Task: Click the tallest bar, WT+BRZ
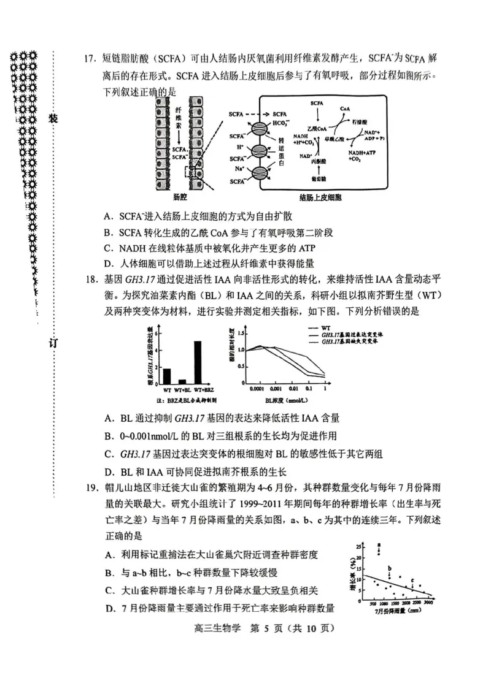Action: tap(198, 362)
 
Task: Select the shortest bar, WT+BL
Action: tap(182, 381)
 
